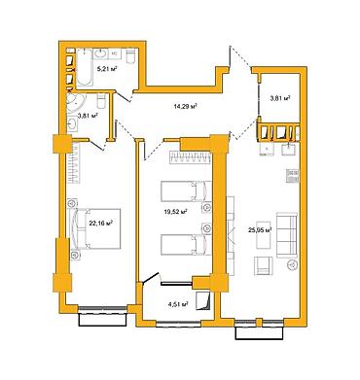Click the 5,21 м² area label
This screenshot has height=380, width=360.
107,69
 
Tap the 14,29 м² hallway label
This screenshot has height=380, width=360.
186,106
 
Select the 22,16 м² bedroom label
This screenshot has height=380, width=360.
101,223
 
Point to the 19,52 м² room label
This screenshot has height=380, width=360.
175,212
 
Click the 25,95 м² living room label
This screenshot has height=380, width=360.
259,230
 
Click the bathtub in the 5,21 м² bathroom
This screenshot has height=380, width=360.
85,67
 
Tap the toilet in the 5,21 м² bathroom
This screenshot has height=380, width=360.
130,56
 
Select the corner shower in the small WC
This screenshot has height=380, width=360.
76,102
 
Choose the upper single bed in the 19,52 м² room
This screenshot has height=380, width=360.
186,191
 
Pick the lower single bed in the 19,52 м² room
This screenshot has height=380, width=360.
186,245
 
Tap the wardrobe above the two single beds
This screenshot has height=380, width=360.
191,158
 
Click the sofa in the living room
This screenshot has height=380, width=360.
287,235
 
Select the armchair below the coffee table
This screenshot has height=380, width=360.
264,265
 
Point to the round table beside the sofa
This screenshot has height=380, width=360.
293,264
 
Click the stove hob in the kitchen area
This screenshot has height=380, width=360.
293,176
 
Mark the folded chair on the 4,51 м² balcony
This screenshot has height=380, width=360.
203,301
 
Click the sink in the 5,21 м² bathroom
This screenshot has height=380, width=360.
102,53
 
